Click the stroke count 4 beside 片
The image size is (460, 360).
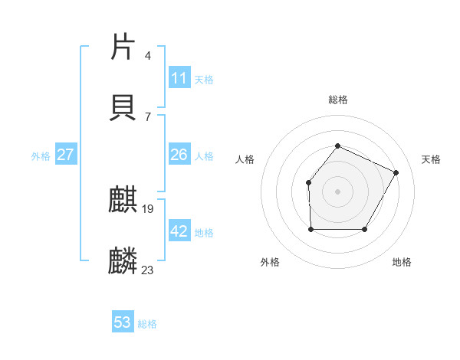click(148, 56)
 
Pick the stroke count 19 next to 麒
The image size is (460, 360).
click(149, 209)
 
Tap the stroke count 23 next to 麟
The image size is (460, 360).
click(148, 269)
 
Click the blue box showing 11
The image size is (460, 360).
click(179, 78)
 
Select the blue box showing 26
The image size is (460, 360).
click(179, 155)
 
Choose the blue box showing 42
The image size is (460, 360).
click(179, 231)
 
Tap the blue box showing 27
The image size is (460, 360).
click(66, 155)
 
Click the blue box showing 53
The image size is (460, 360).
click(123, 322)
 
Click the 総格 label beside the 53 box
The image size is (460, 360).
click(147, 324)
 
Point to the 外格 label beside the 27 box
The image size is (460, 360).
click(41, 156)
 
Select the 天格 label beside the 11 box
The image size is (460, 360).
click(204, 80)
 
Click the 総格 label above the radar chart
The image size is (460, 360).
click(337, 100)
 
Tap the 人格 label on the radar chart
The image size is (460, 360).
click(245, 159)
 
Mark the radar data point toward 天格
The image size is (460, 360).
click(396, 172)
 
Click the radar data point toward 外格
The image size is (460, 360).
click(310, 229)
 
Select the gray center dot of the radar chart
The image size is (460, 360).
click(337, 191)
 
